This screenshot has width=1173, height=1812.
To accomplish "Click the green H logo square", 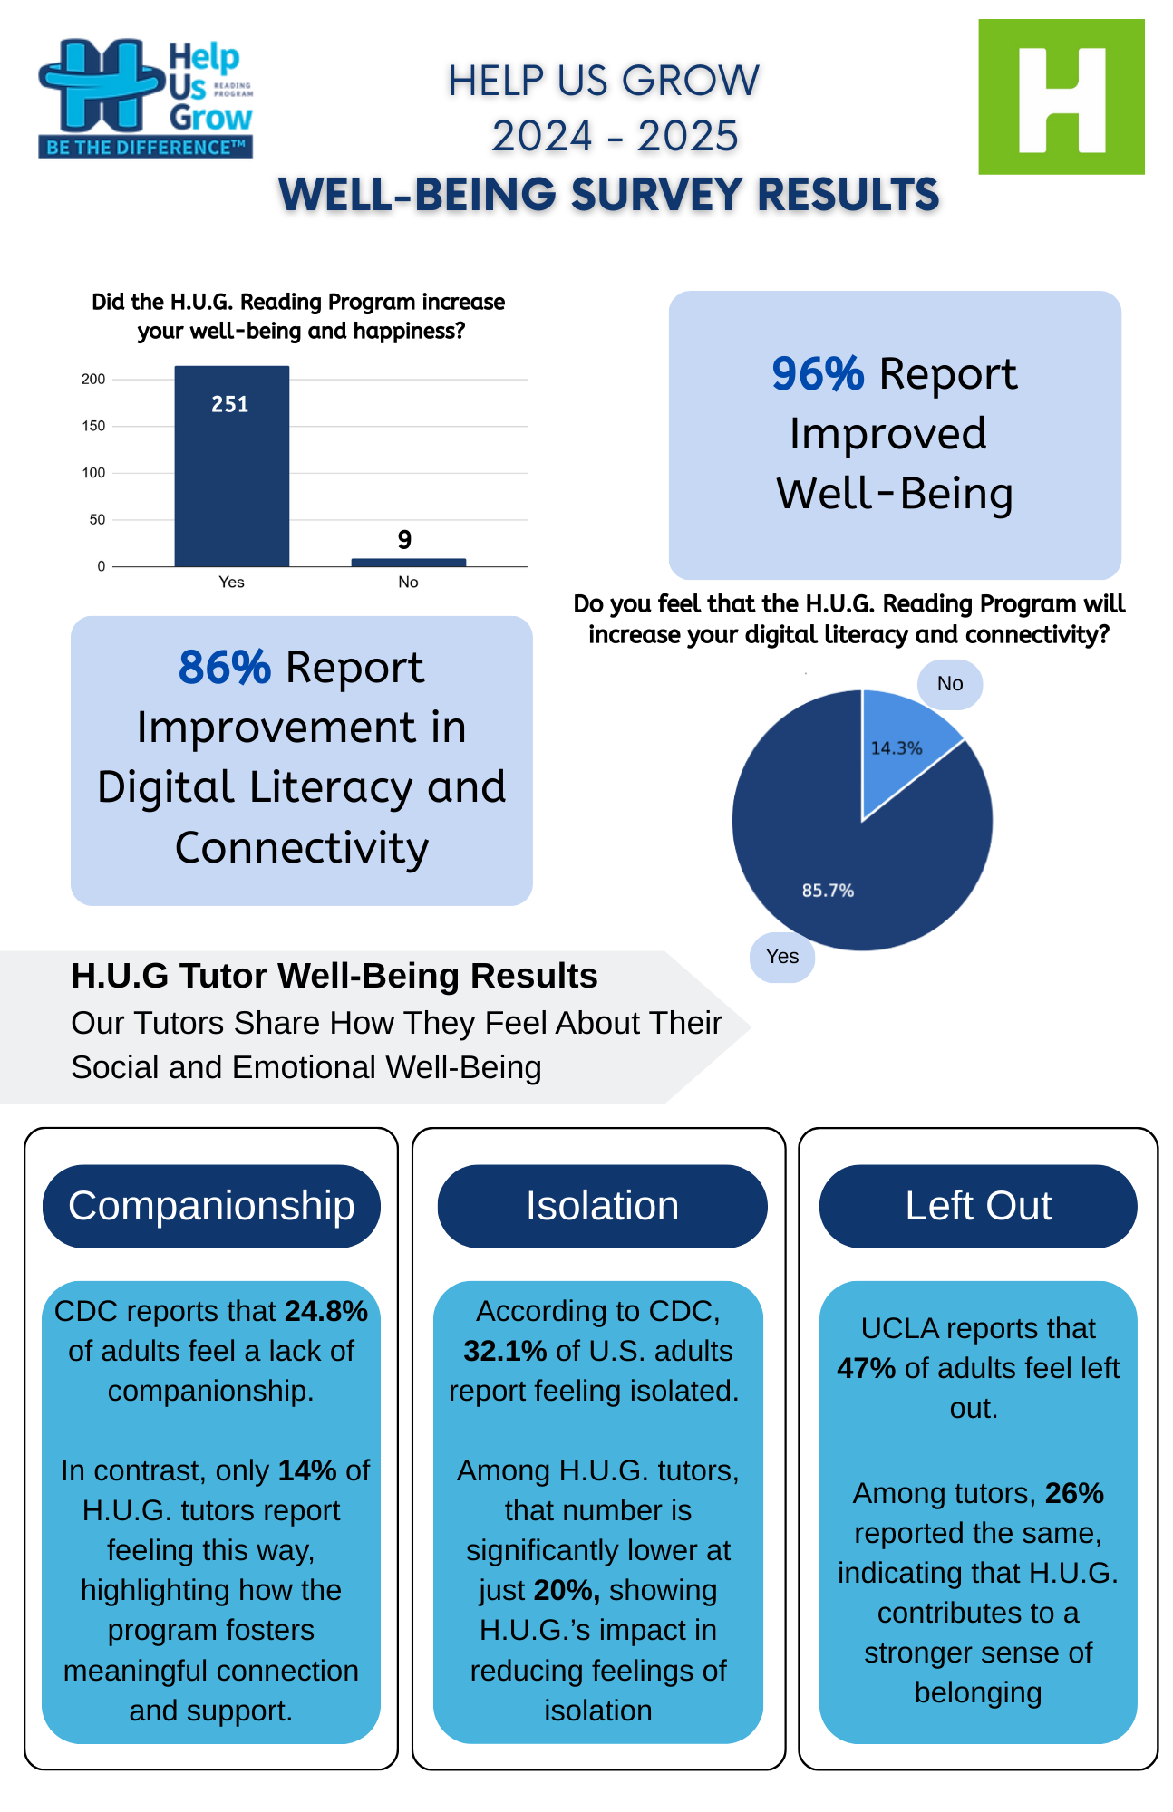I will coord(1061,96).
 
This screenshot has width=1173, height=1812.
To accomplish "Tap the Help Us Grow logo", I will coord(145,98).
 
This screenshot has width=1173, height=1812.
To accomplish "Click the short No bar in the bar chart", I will coord(408,562).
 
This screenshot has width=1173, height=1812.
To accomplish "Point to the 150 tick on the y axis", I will coord(93,426).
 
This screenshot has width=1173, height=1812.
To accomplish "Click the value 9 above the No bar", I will coord(404,540).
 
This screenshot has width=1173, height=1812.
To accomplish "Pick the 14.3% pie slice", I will coord(902,743).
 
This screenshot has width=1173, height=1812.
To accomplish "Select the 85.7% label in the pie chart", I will coord(828,891).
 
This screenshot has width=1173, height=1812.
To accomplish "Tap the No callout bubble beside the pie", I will coord(949,684).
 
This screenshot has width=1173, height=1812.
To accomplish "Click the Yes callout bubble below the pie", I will coord(781,957).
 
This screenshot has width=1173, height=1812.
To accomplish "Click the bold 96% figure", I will coord(818,374).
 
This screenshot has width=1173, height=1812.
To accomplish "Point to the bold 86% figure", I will coord(224,668).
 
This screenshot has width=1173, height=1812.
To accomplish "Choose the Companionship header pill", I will coord(211,1206).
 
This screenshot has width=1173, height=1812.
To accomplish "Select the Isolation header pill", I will coord(602,1206).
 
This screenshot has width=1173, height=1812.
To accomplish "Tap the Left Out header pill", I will coord(978,1206).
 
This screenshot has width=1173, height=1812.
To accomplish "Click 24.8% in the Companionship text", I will coord(326,1311).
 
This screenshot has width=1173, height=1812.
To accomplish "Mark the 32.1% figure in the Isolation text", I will coord(505,1351).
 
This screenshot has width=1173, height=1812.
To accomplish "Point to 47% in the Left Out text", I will coord(866,1368).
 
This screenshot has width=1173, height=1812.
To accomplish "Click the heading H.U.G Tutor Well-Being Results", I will coord(334,976).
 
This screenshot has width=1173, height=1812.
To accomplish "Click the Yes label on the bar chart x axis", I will coord(231,582).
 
